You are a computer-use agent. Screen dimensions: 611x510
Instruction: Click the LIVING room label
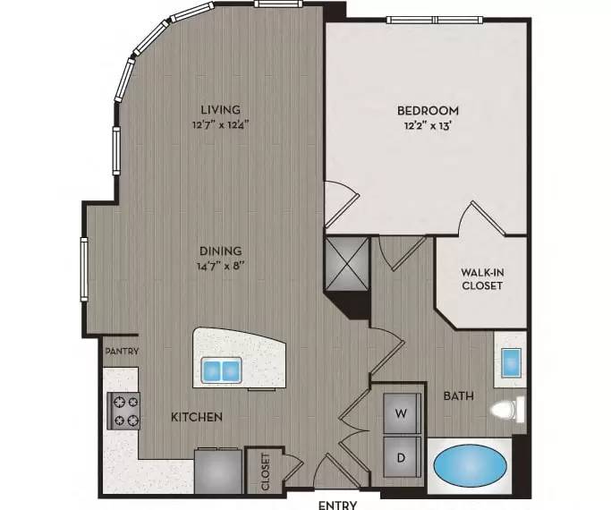[221, 109]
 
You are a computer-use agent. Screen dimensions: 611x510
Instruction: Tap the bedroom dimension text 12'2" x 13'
[428, 126]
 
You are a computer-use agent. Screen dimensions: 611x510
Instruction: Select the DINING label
[221, 251]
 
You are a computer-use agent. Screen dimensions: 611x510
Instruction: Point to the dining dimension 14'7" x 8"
[221, 266]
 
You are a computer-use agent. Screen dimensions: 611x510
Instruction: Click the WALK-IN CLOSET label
[482, 278]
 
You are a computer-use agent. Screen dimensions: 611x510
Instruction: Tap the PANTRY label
[122, 351]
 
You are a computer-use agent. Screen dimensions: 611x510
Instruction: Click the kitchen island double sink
[221, 370]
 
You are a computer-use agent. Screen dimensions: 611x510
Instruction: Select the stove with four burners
[123, 411]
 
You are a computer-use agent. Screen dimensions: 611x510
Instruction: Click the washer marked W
[403, 413]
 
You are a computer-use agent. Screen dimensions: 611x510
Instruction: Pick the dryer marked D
[403, 457]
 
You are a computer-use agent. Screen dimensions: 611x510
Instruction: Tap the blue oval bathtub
[470, 464]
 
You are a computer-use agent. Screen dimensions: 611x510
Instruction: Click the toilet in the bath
[508, 409]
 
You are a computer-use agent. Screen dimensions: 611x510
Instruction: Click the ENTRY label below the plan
[337, 505]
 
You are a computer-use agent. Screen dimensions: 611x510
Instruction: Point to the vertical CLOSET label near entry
[266, 472]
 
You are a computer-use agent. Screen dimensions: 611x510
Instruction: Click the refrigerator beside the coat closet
[218, 471]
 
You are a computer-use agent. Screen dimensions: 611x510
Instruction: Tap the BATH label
[459, 395]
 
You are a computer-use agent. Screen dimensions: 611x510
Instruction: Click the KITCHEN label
[197, 417]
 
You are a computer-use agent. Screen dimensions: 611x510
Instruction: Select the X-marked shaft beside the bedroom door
[347, 264]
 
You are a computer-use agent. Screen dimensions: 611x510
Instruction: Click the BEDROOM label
[428, 110]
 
